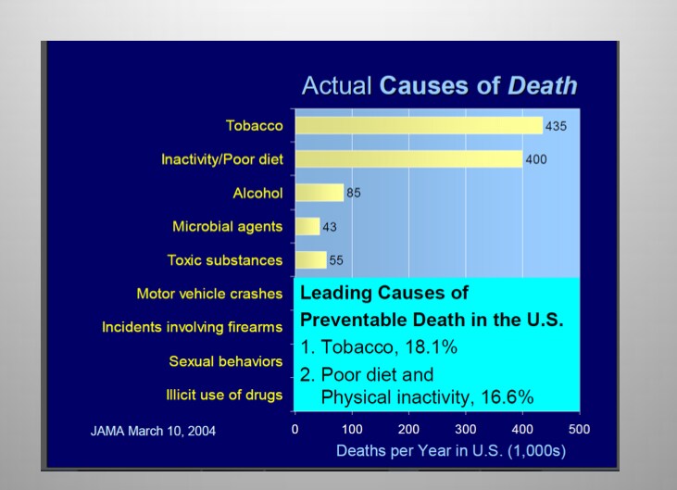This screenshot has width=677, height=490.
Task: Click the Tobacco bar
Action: (x=419, y=126)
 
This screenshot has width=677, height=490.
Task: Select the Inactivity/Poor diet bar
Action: (x=408, y=159)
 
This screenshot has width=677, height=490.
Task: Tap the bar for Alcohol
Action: (x=319, y=193)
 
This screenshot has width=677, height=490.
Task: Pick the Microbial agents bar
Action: (x=307, y=226)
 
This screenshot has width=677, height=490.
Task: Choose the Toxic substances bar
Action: (x=310, y=259)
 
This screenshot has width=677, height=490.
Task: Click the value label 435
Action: (x=557, y=126)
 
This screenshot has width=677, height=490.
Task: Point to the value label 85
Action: (x=353, y=193)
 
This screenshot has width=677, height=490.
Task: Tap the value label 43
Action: (x=331, y=226)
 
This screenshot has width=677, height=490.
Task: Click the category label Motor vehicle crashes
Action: (x=209, y=294)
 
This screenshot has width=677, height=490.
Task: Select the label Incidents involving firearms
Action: (x=192, y=327)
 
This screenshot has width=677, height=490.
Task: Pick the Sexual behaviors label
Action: (x=226, y=360)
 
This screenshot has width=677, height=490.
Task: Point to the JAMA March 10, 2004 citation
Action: (x=153, y=431)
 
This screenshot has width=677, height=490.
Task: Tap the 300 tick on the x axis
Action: (x=465, y=430)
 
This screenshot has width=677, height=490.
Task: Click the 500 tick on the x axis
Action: (x=579, y=430)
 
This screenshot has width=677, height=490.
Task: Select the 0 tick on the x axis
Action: (x=295, y=430)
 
